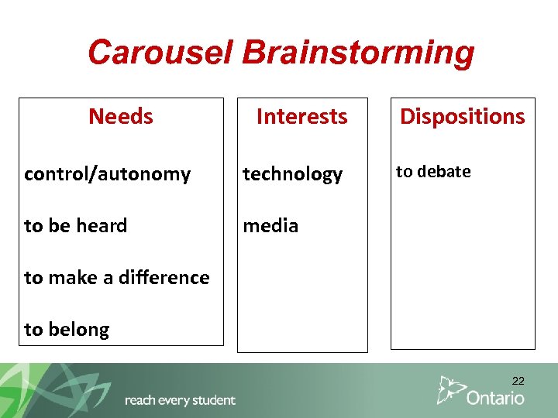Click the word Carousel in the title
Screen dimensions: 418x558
(x=160, y=53)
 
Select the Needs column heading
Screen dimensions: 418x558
(x=121, y=116)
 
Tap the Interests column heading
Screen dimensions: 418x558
(x=301, y=116)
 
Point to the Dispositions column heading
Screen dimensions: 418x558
(x=462, y=116)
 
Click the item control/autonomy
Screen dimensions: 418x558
(x=107, y=174)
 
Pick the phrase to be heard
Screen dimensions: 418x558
(x=75, y=225)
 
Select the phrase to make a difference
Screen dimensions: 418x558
(x=117, y=277)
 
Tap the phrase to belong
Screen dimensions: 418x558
(x=67, y=329)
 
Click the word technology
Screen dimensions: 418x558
(x=292, y=174)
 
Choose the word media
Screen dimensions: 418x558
(x=270, y=225)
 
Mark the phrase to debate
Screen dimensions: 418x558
(x=433, y=172)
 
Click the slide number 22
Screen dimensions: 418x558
(x=518, y=381)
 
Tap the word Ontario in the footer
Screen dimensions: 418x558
(x=495, y=397)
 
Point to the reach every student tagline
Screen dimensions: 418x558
(x=180, y=400)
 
